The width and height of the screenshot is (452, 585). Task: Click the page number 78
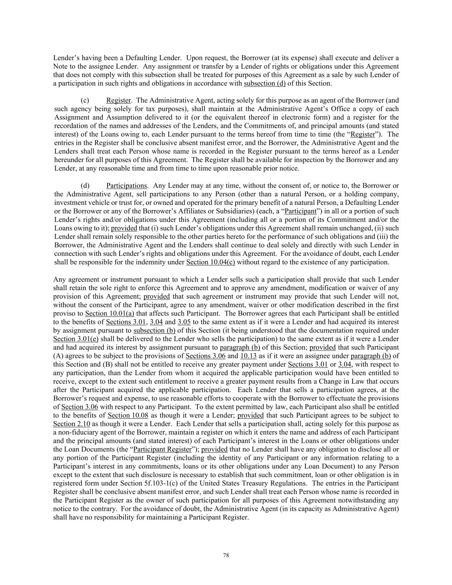[226, 555]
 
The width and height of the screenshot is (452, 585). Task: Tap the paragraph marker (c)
[85, 100]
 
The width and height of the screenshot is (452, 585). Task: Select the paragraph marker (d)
[85, 186]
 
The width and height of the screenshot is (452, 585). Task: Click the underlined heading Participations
[126, 186]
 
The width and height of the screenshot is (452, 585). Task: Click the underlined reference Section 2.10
[64, 424]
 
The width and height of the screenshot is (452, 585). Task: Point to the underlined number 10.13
[248, 356]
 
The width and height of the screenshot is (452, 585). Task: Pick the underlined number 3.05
[184, 322]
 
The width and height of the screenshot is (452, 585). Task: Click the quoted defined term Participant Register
[162, 449]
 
